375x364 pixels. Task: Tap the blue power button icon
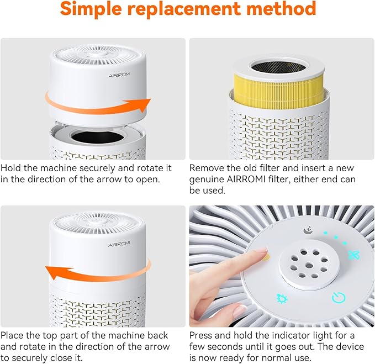pos(338,298)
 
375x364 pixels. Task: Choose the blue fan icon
pos(352,255)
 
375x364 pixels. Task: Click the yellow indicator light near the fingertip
pos(266,256)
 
